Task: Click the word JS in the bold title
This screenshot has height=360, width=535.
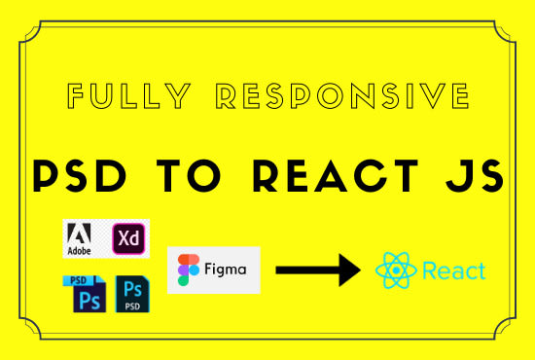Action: tap(476, 176)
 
